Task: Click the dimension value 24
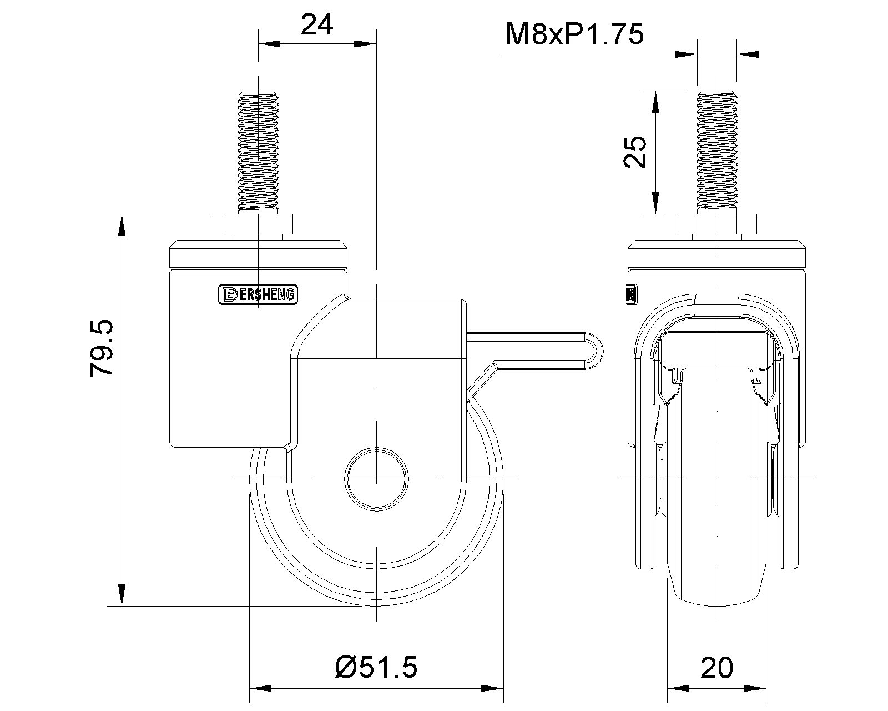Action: tap(317, 25)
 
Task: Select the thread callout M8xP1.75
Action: tap(574, 34)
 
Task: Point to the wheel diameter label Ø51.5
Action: tap(376, 667)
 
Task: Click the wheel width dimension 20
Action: tap(717, 667)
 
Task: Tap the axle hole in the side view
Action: tap(376, 478)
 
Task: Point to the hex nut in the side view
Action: tap(258, 224)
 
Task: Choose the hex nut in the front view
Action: tap(717, 224)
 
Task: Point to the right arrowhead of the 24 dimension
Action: tap(366, 44)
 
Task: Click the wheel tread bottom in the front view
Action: tap(717, 604)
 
